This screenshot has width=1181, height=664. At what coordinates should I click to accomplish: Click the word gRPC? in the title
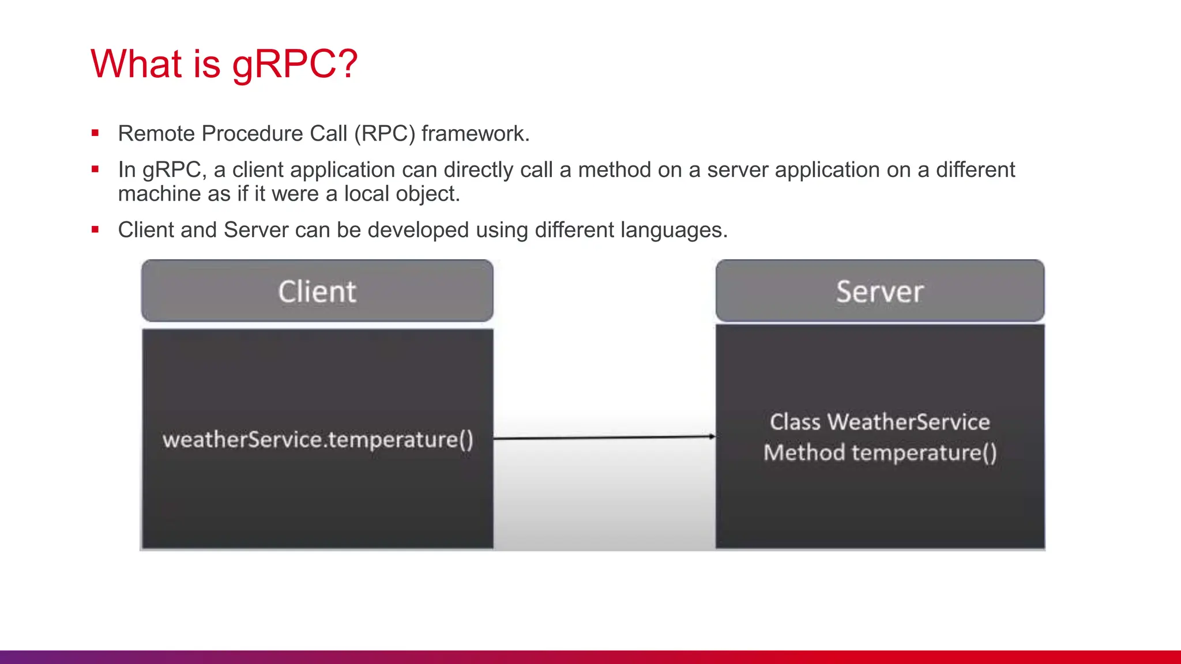coord(295,63)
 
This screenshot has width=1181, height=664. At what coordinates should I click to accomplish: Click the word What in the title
coord(136,63)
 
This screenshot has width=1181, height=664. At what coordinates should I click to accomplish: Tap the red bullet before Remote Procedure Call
coord(95,134)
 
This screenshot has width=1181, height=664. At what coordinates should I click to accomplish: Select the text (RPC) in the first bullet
coord(385,134)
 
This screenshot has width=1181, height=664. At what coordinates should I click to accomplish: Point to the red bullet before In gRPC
coord(95,169)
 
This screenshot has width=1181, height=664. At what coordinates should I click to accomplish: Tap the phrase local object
coord(401,194)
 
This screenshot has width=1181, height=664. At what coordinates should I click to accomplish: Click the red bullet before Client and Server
coord(95,230)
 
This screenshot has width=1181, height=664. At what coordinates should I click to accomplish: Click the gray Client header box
coord(317,291)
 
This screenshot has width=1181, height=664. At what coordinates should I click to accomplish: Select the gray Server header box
coord(880,291)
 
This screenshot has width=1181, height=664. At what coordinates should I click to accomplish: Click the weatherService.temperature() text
coord(318,440)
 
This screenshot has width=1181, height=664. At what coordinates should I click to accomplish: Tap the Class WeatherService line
coord(880,422)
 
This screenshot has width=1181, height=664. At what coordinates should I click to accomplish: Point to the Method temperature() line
coord(880,452)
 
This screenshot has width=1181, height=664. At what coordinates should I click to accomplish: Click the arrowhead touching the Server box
coord(712,436)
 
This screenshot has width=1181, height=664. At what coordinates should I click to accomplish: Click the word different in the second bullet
coord(975,170)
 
